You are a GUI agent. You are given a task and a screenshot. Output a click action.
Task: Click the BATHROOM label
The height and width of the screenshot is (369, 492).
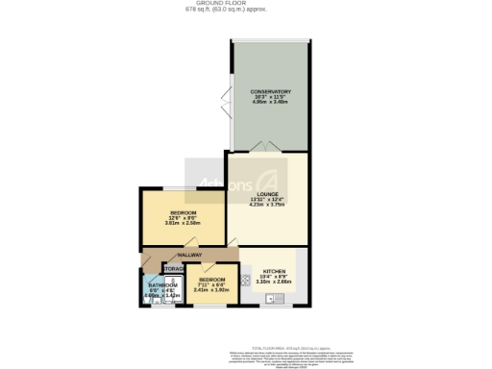[x=162, y=284]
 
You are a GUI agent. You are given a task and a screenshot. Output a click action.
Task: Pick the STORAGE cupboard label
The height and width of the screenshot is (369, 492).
[x=174, y=268]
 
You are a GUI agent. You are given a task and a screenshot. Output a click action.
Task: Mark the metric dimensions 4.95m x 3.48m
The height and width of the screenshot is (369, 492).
[x=269, y=102]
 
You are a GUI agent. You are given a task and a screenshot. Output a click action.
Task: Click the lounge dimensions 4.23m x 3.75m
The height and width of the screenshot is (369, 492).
[x=268, y=205]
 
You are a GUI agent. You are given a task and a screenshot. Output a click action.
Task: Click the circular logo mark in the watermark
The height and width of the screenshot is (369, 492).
[x=272, y=183]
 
